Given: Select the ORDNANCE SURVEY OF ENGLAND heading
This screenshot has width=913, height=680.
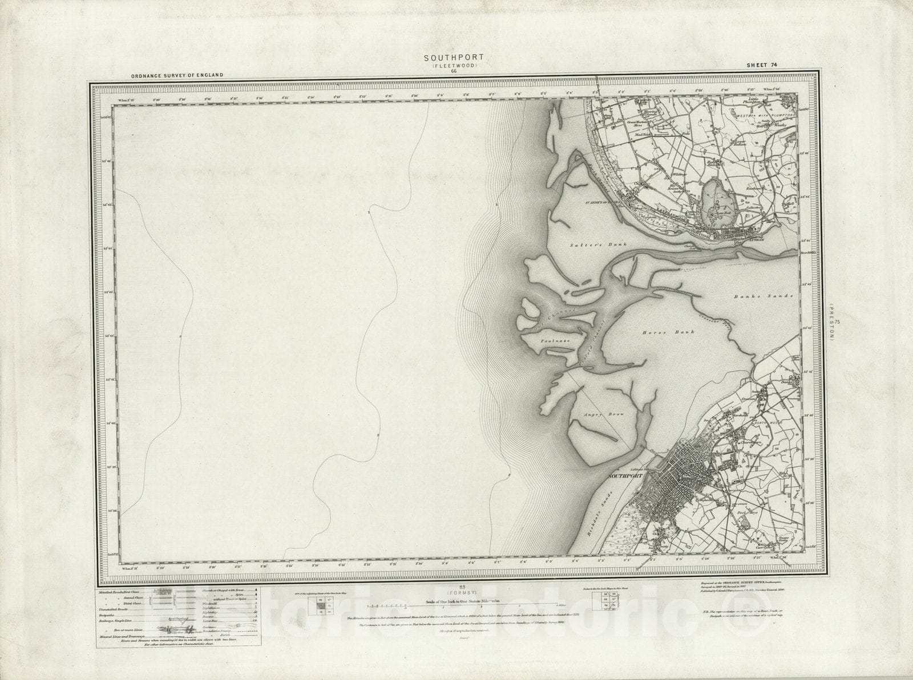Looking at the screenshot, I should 176,75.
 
